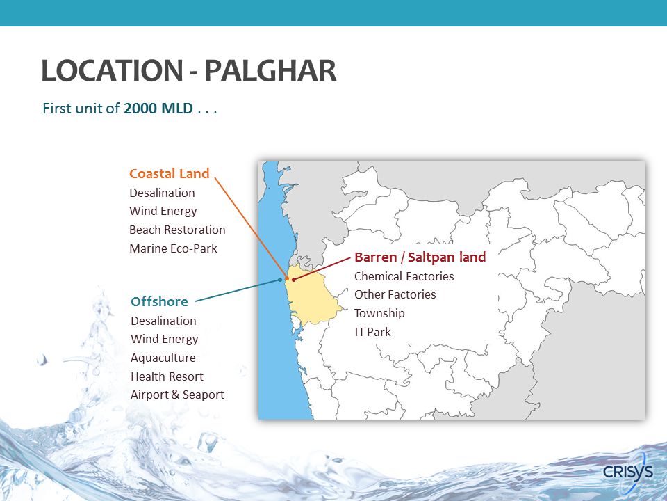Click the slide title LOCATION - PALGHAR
click(x=189, y=71)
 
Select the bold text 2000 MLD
click(x=158, y=109)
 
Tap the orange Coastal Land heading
click(x=170, y=173)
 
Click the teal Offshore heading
click(x=159, y=301)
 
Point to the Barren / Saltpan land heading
click(x=420, y=257)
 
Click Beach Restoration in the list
click(x=177, y=230)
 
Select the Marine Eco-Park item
click(x=173, y=248)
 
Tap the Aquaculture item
click(x=163, y=358)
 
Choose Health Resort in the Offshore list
click(x=167, y=376)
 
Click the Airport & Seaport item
click(x=177, y=395)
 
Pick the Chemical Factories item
click(x=404, y=276)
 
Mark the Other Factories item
click(x=395, y=294)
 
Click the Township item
click(x=379, y=313)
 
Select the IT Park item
click(x=372, y=332)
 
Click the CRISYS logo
click(x=628, y=472)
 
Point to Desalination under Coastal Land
click(x=162, y=193)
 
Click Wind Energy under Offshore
click(x=164, y=339)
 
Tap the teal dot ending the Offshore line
click(x=280, y=280)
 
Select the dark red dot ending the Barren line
click(x=293, y=280)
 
